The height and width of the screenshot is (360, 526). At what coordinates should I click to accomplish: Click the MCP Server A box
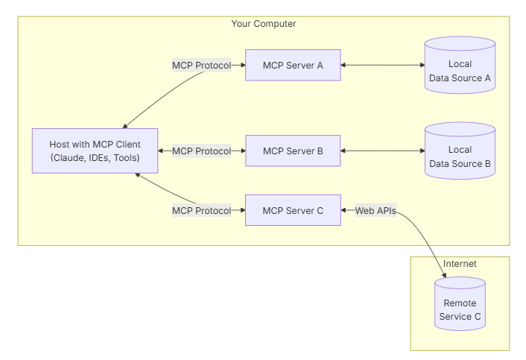(x=293, y=66)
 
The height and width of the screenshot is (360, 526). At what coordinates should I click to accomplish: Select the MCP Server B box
(x=293, y=151)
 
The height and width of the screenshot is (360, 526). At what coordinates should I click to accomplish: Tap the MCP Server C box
(x=293, y=211)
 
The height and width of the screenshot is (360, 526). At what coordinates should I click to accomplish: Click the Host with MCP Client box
(x=95, y=151)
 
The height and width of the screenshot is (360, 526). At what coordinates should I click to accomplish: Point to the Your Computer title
(x=263, y=24)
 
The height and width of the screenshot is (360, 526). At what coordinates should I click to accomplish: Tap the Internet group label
(x=459, y=264)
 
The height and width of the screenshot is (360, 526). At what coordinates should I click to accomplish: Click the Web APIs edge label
(x=375, y=211)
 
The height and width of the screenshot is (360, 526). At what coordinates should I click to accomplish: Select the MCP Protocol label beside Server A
(x=201, y=66)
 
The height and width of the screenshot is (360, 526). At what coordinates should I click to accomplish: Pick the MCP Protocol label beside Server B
(x=201, y=151)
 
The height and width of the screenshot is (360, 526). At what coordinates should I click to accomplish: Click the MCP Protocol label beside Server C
(x=201, y=211)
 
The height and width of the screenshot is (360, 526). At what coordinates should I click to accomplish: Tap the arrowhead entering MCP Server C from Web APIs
(x=344, y=211)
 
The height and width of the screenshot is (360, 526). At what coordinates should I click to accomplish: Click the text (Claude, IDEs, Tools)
(x=95, y=158)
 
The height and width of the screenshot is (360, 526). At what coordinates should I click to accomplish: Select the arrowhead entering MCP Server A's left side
(x=242, y=66)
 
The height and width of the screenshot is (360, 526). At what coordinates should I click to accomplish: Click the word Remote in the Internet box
(x=460, y=303)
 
